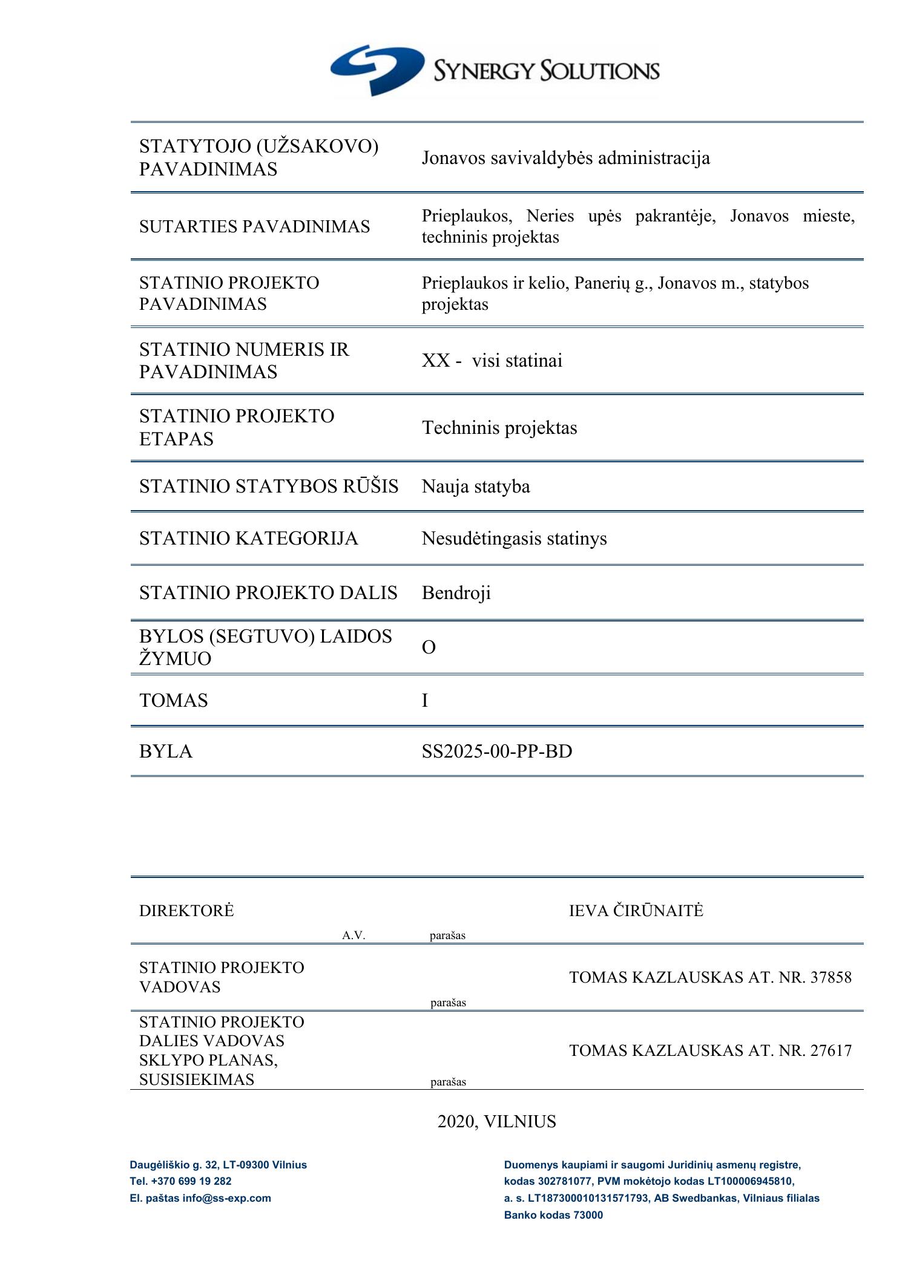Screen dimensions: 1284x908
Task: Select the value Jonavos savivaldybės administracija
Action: (x=565, y=159)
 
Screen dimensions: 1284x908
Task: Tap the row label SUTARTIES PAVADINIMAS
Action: (x=254, y=226)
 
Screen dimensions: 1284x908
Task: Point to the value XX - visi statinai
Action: (x=492, y=361)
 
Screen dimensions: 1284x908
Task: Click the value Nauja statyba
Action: (x=476, y=486)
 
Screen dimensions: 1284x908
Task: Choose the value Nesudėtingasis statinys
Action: (x=514, y=539)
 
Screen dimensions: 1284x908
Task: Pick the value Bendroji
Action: (x=456, y=593)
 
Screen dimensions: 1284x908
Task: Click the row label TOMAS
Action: (x=174, y=701)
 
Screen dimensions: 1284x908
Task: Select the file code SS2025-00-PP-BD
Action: (x=497, y=752)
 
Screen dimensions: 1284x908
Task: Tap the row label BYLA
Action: (x=166, y=752)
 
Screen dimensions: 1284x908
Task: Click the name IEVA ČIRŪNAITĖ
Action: (x=636, y=911)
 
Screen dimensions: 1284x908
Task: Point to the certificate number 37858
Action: (x=831, y=977)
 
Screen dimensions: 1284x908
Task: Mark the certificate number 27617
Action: (x=831, y=1050)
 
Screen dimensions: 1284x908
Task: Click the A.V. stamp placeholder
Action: (x=354, y=935)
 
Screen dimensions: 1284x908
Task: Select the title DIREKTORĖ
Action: (x=186, y=911)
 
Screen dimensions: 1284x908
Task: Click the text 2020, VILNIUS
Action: (x=496, y=1122)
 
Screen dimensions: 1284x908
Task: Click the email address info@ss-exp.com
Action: (x=226, y=1197)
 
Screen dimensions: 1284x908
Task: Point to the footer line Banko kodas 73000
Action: (x=553, y=1214)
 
